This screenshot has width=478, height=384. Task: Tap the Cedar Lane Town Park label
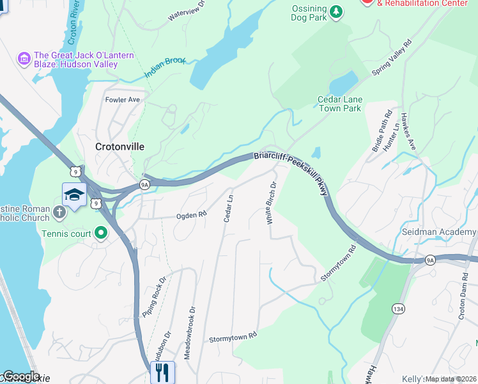(x=339, y=104)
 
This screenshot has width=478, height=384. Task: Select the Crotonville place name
(x=119, y=147)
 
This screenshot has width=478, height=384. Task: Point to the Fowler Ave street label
(x=122, y=100)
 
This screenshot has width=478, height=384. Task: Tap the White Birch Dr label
(x=271, y=203)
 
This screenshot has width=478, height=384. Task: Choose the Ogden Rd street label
(x=191, y=216)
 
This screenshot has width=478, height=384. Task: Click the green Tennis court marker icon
(x=100, y=234)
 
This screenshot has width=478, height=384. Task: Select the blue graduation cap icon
(x=74, y=195)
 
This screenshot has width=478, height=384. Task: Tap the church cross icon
(x=59, y=212)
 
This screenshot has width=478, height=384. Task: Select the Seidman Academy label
(x=438, y=230)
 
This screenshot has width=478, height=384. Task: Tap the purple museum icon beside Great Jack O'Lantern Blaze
(x=25, y=60)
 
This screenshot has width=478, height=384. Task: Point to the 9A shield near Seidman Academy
(x=430, y=259)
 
